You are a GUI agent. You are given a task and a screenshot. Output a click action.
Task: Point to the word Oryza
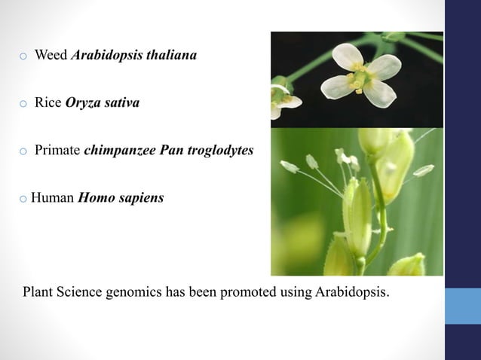point(81,103)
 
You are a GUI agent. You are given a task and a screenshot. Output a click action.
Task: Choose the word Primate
point(58,151)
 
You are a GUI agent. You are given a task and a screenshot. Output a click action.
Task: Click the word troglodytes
point(222,151)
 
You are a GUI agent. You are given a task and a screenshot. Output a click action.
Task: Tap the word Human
point(53,200)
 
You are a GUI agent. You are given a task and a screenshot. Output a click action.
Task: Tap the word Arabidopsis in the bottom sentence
point(352,291)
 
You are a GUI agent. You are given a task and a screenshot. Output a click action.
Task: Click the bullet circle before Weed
point(23,56)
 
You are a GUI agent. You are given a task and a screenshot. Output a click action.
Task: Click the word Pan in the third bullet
point(170,151)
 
